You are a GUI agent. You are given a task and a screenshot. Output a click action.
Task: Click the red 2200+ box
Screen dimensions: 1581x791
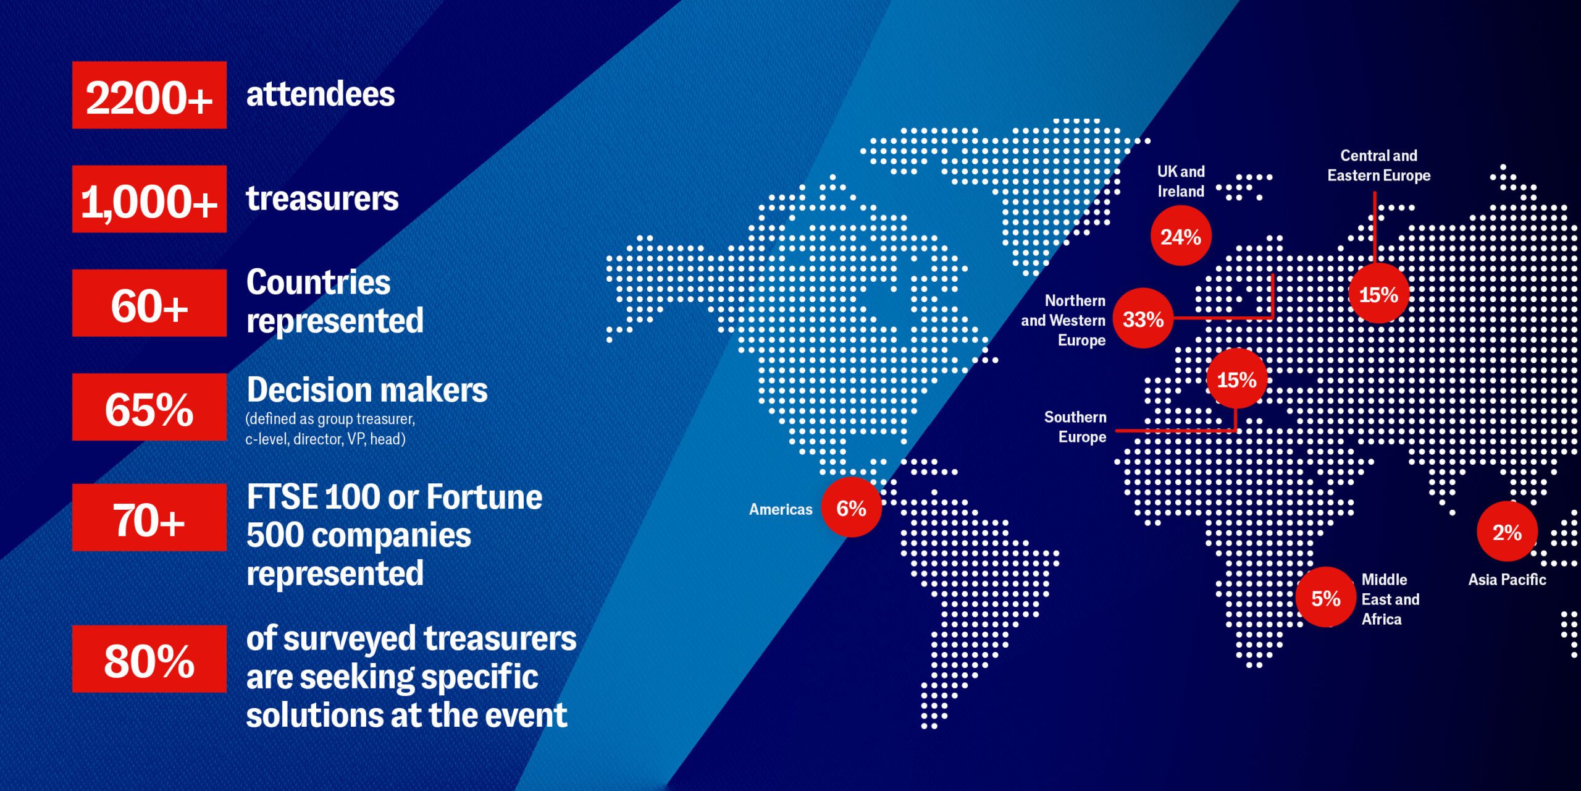click(x=149, y=95)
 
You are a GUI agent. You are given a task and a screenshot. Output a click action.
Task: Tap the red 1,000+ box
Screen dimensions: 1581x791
click(x=149, y=199)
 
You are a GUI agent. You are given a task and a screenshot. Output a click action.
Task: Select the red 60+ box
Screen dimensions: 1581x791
click(x=149, y=303)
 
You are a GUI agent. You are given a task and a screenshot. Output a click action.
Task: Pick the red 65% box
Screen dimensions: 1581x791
click(x=149, y=407)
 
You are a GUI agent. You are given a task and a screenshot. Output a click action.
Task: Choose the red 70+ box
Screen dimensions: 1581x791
click(x=149, y=517)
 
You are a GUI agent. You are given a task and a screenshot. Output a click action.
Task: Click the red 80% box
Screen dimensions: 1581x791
click(x=149, y=659)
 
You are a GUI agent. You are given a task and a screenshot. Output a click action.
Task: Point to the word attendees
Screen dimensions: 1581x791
click(x=321, y=95)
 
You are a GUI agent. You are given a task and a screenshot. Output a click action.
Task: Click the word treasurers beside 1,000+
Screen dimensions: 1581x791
click(x=322, y=199)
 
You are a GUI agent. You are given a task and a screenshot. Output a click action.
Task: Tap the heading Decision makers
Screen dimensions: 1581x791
click(x=367, y=390)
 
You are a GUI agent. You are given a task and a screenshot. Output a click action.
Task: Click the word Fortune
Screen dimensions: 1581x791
click(x=485, y=497)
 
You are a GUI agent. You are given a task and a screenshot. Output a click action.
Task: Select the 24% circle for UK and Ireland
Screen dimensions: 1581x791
click(x=1181, y=236)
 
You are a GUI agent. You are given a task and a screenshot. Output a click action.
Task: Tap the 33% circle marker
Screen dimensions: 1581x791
click(x=1143, y=318)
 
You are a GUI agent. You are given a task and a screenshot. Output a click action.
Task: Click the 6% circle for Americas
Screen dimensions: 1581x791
click(x=852, y=507)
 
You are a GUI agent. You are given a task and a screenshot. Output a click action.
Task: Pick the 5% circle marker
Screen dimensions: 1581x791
click(x=1326, y=597)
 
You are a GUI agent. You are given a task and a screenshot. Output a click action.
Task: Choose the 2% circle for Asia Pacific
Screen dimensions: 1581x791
click(x=1507, y=531)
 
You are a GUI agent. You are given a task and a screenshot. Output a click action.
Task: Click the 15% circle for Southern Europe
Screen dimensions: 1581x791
click(x=1236, y=379)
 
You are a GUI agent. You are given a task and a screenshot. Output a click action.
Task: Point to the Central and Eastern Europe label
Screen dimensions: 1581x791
click(x=1379, y=166)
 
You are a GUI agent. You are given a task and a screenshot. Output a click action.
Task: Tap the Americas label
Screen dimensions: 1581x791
click(x=781, y=509)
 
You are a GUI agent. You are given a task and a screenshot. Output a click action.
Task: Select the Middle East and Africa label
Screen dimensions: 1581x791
click(x=1390, y=599)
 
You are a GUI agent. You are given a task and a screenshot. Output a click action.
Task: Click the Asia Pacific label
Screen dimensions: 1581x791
click(x=1507, y=580)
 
